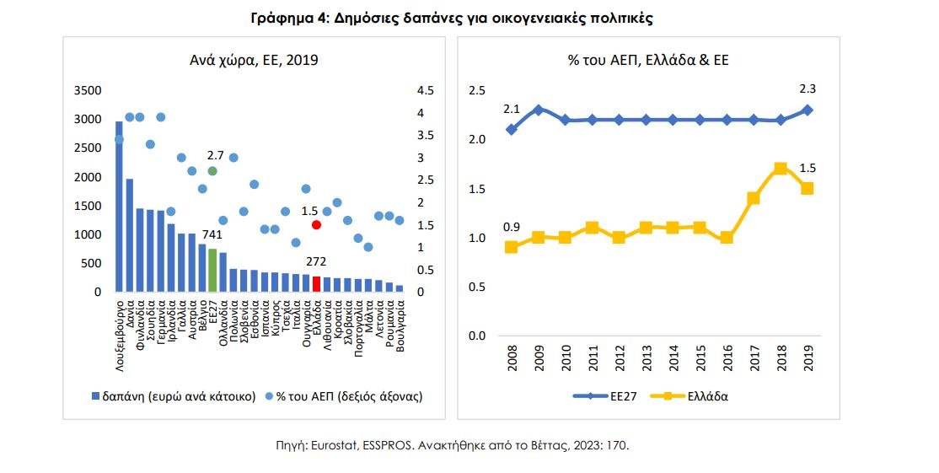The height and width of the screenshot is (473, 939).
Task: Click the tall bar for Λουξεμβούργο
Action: click(x=119, y=211)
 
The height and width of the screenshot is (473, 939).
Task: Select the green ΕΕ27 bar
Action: click(x=212, y=271)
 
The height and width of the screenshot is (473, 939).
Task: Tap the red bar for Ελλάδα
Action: click(x=316, y=284)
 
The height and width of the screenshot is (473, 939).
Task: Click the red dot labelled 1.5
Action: click(x=316, y=225)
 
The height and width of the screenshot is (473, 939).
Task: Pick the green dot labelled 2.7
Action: click(x=212, y=171)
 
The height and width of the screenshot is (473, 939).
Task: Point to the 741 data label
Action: click(x=212, y=234)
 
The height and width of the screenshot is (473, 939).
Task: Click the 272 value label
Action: click(x=316, y=262)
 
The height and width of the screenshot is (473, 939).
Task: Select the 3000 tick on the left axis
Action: click(x=88, y=120)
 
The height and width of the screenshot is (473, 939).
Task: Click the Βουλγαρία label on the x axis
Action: click(x=400, y=325)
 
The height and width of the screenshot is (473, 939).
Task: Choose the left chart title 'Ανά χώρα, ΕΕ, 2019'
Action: click(x=253, y=60)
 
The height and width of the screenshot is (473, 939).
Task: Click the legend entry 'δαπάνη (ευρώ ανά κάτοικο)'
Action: click(x=174, y=395)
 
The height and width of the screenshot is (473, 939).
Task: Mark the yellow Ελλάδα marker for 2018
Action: click(x=781, y=169)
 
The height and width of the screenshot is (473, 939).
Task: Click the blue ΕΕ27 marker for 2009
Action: click(x=538, y=110)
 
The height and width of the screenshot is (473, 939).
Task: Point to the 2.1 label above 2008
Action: click(x=511, y=110)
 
